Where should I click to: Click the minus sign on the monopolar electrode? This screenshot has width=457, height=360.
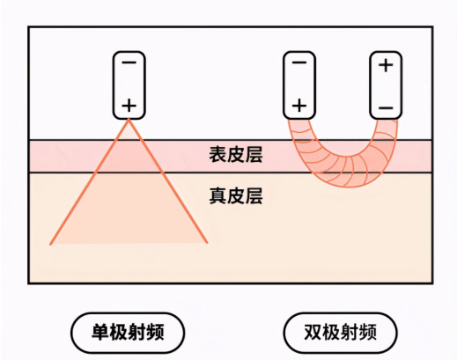click(129, 62)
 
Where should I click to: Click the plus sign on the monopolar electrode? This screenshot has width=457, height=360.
click(129, 106)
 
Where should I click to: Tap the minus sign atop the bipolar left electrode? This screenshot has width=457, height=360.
click(299, 62)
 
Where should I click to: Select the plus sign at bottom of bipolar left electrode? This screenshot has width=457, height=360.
click(299, 106)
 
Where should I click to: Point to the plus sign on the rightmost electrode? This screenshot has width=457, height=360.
click(386, 65)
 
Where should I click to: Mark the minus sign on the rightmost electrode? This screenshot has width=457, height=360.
click(386, 108)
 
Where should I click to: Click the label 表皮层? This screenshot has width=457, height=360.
click(236, 155)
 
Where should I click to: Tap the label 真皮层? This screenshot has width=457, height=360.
click(236, 195)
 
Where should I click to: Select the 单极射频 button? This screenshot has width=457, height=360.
click(128, 333)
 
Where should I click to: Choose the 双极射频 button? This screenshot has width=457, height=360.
click(340, 333)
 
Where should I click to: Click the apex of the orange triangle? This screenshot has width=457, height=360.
click(129, 120)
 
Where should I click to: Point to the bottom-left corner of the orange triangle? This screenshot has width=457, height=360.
click(50, 244)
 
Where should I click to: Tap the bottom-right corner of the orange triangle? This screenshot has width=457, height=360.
click(207, 243)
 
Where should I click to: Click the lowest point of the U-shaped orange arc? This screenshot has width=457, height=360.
click(350, 187)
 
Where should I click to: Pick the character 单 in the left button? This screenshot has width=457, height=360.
click(100, 333)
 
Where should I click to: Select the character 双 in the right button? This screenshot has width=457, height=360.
click(313, 333)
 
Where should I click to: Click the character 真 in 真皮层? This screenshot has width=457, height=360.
click(217, 195)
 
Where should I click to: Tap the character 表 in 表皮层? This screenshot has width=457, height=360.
click(217, 155)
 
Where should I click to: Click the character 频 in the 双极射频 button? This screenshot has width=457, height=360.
click(367, 333)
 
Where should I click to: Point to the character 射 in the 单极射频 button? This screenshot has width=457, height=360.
click(136, 333)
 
